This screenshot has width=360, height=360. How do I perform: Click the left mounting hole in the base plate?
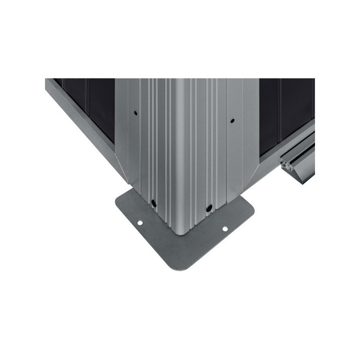pyautogui.click(x=140, y=223)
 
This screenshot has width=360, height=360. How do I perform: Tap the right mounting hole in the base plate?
pyautogui.click(x=225, y=229)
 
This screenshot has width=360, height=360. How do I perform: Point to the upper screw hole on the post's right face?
pyautogui.click(x=232, y=121)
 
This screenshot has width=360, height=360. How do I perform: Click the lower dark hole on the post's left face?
pyautogui.click(x=153, y=203)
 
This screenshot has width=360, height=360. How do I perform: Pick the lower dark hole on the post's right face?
pyautogui.click(x=209, y=208)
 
